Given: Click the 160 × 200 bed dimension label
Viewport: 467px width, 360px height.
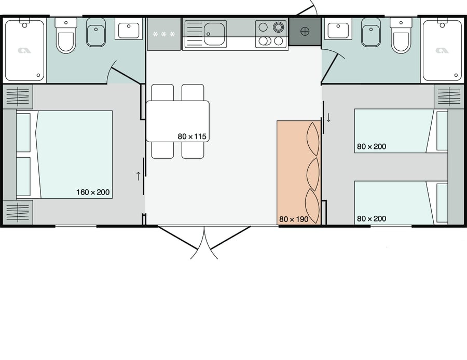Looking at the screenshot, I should point(93,192).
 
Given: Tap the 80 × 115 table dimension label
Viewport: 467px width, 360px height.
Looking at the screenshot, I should point(192,136).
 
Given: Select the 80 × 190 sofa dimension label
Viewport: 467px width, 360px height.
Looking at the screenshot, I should point(294,219).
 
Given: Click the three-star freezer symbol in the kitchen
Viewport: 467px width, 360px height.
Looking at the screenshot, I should point(164,35).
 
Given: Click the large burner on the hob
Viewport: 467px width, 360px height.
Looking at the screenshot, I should point(279,27).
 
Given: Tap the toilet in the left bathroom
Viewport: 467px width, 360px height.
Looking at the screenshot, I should point(66,36).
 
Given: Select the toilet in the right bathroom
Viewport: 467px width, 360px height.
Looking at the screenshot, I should point(401,36).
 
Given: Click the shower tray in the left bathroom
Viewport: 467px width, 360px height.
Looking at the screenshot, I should point(24,50).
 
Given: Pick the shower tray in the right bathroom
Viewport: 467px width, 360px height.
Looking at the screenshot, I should point(442,50).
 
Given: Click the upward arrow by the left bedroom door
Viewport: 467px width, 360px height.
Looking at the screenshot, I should point(139,176).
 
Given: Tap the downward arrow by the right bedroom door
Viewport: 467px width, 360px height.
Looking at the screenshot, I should point(328,117).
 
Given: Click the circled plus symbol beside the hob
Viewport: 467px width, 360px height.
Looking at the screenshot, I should point(305,31).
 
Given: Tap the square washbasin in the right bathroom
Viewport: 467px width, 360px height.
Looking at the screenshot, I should point(339,30).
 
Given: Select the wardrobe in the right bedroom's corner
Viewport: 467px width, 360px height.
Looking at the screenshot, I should point(449,96).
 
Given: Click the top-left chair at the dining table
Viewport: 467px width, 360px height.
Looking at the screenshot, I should point(162,92).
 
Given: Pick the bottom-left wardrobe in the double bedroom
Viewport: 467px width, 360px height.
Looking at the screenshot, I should point(18,212).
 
